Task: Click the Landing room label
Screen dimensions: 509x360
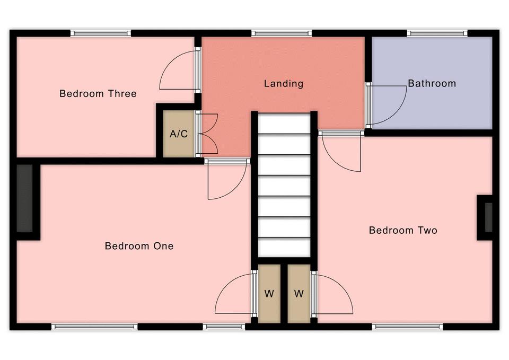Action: pyautogui.click(x=283, y=84)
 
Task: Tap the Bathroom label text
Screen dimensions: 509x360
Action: pyautogui.click(x=432, y=83)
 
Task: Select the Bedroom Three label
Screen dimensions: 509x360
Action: pyautogui.click(x=98, y=94)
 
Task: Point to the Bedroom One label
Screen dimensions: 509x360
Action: pyautogui.click(x=139, y=246)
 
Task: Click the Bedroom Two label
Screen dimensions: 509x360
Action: pyautogui.click(x=403, y=231)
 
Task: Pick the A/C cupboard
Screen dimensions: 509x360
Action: pyautogui.click(x=179, y=134)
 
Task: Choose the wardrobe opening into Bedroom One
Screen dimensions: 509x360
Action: pyautogui.click(x=269, y=294)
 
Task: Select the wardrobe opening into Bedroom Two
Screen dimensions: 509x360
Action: pyautogui.click(x=299, y=294)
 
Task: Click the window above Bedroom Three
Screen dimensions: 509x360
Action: pyautogui.click(x=101, y=33)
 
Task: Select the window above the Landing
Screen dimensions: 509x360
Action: pyautogui.click(x=282, y=33)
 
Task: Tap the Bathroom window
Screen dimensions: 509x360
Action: pyautogui.click(x=437, y=33)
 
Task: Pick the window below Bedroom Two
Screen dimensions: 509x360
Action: pyautogui.click(x=407, y=327)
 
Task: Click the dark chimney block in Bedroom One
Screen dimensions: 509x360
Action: pyautogui.click(x=25, y=198)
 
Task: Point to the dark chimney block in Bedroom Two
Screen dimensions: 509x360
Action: pyautogui.click(x=488, y=217)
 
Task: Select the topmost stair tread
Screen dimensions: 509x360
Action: pyautogui.click(x=284, y=124)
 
